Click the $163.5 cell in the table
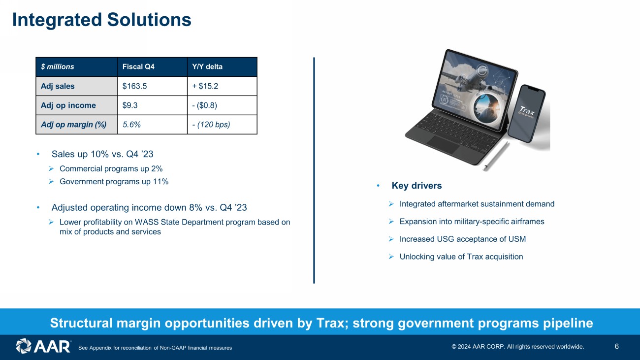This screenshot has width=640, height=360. [152, 86]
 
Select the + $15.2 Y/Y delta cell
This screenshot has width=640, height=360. [222, 86]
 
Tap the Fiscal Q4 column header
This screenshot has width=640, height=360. [152, 67]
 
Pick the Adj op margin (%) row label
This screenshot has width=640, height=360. [77, 125]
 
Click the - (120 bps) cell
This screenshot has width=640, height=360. [222, 125]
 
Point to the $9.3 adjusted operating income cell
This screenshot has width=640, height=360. [152, 105]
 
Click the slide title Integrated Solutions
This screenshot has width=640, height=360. [102, 20]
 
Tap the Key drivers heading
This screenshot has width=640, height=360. [416, 186]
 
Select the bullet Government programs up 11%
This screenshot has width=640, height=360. [114, 182]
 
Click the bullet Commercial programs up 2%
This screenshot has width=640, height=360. [111, 169]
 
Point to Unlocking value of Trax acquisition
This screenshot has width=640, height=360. [461, 257]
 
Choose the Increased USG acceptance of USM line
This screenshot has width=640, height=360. [463, 239]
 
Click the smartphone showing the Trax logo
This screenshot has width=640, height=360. [526, 113]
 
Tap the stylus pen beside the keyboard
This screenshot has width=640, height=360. [497, 156]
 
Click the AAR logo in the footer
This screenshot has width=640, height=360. [43, 346]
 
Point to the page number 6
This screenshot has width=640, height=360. [616, 347]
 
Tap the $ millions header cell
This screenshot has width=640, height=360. [77, 67]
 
